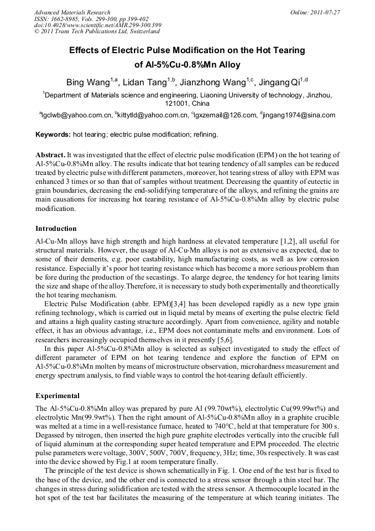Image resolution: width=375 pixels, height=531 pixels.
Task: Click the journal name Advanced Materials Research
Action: (x=72, y=12)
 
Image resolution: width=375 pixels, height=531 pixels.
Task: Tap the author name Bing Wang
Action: (x=86, y=83)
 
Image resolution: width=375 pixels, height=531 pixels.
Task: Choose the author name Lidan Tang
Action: (x=146, y=83)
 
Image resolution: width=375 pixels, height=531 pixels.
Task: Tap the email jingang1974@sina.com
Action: (x=299, y=116)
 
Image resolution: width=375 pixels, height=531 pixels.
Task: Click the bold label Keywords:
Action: (x=53, y=135)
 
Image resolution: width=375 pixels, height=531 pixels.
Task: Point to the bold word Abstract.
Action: (x=51, y=155)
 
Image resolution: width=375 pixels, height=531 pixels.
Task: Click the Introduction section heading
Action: (x=56, y=229)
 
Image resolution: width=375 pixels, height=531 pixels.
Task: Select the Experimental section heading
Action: (x=58, y=396)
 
